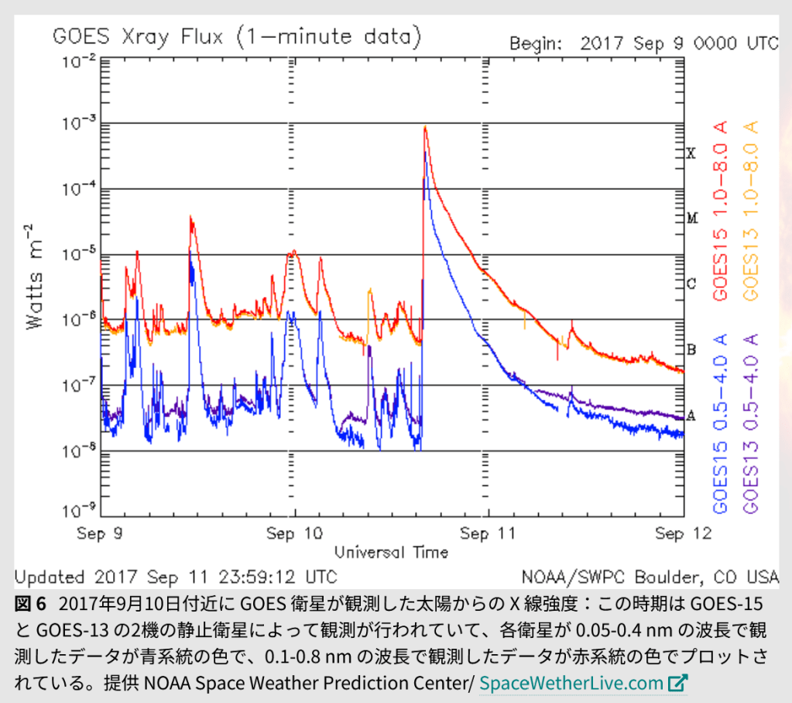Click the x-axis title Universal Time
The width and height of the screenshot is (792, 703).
[x=391, y=552]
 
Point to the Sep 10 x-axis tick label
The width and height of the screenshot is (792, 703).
[x=293, y=534]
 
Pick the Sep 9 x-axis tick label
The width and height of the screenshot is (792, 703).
[x=103, y=534]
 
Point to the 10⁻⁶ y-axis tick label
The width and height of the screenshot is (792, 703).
[x=79, y=319]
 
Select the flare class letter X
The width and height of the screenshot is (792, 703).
[x=691, y=153]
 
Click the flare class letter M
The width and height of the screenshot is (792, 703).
[x=692, y=219]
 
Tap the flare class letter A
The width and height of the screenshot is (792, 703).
[x=691, y=415]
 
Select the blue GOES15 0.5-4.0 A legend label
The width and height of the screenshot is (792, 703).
[x=721, y=423]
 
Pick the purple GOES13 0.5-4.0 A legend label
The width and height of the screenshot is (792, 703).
[x=749, y=423]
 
